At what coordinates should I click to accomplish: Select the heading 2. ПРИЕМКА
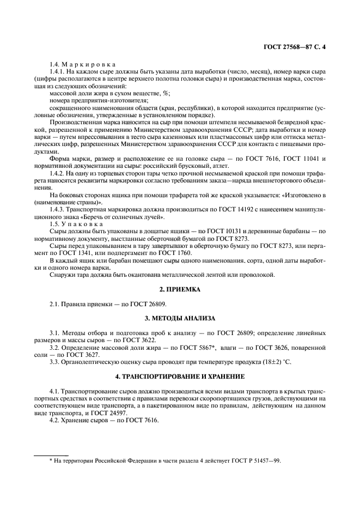click(x=180, y=290)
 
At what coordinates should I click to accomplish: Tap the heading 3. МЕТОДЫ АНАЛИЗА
click(x=180, y=318)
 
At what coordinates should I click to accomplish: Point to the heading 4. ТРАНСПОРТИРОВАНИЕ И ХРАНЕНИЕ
click(x=180, y=377)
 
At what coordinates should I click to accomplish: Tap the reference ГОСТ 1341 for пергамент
click(x=66, y=252)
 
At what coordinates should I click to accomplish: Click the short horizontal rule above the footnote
click(x=51, y=454)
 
